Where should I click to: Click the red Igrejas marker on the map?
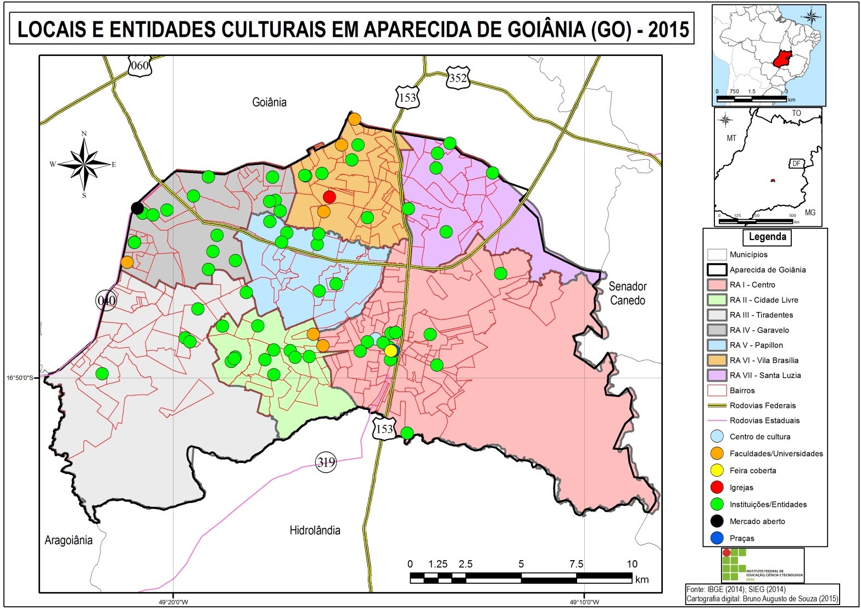pyautogui.click(x=329, y=197)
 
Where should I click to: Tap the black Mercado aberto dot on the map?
pyautogui.click(x=137, y=208)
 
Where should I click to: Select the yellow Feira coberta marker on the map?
pyautogui.click(x=390, y=350)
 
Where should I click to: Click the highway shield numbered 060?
pyautogui.click(x=139, y=66)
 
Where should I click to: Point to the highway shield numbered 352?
pyautogui.click(x=457, y=78)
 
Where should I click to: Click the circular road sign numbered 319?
pyautogui.click(x=326, y=462)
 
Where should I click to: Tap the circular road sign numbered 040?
pyautogui.click(x=106, y=300)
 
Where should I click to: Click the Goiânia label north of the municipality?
pyautogui.click(x=269, y=102)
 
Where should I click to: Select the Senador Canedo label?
pyautogui.click(x=627, y=293)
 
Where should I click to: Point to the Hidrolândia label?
pyautogui.click(x=315, y=530)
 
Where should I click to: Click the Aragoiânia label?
pyautogui.click(x=69, y=540)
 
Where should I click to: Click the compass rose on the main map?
pyautogui.click(x=84, y=164)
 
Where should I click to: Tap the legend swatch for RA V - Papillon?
pyautogui.click(x=717, y=345)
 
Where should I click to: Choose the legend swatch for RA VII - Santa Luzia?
pyautogui.click(x=717, y=375)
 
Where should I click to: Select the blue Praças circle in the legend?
pyautogui.click(x=717, y=538)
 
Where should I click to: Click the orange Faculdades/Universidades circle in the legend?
pyautogui.click(x=717, y=454)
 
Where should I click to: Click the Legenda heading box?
pyautogui.click(x=767, y=237)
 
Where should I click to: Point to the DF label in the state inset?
pyautogui.click(x=796, y=164)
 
